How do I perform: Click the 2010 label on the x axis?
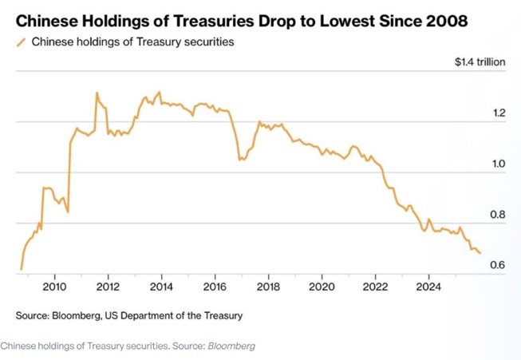pyautogui.click(x=54, y=286)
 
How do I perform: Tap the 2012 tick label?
pyautogui.click(x=108, y=286)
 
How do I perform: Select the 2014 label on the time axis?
pyautogui.click(x=161, y=286)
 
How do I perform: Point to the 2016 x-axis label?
pyautogui.click(x=215, y=286)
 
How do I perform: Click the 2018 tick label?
pyautogui.click(x=268, y=286)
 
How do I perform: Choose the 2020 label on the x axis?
pyautogui.click(x=322, y=286)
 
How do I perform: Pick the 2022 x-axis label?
pyautogui.click(x=375, y=286)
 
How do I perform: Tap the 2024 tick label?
pyautogui.click(x=428, y=286)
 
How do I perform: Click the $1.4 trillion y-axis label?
pyautogui.click(x=479, y=61)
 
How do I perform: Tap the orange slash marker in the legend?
pyautogui.click(x=21, y=42)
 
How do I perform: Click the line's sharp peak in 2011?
pyautogui.click(x=97, y=93)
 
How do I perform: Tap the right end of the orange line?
pyautogui.click(x=480, y=253)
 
